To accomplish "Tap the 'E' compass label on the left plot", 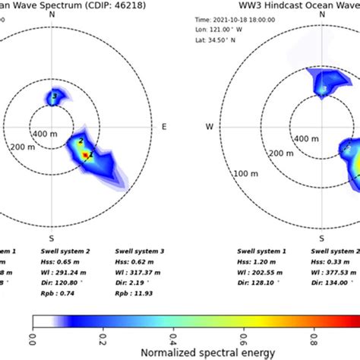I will point(164,125).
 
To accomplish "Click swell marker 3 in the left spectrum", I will point(53,96).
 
